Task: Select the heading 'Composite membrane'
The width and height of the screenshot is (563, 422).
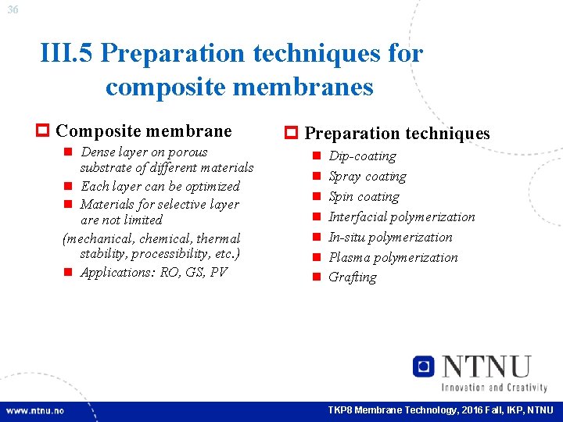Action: pyautogui.click(x=144, y=131)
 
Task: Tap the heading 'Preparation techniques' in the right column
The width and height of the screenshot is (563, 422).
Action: pyautogui.click(x=396, y=134)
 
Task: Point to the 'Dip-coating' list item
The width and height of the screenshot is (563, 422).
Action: pyautogui.click(x=362, y=156)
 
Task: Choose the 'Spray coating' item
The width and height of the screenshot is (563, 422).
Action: pyautogui.click(x=367, y=177)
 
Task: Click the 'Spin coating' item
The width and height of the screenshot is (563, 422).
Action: pyautogui.click(x=364, y=197)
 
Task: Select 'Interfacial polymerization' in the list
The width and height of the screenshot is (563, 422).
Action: pyautogui.click(x=401, y=217)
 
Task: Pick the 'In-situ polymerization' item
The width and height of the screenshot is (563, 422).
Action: pyautogui.click(x=390, y=238)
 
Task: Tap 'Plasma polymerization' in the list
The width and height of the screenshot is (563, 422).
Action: pyautogui.click(x=393, y=258)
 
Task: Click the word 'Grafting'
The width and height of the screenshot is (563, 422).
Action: pyautogui.click(x=352, y=277)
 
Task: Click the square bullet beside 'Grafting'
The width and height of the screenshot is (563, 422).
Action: pyautogui.click(x=317, y=277)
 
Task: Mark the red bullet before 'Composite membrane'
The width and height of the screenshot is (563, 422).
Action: pyautogui.click(x=44, y=131)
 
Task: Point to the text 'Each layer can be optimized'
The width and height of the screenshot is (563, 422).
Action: pyautogui.click(x=160, y=186)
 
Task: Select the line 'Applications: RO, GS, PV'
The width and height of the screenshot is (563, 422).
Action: pyautogui.click(x=153, y=273)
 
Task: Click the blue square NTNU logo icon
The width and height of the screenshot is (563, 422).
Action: pyautogui.click(x=424, y=367)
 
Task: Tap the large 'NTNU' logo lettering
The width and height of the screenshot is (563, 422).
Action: pyautogui.click(x=486, y=367)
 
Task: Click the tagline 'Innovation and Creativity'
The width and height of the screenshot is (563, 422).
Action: pyautogui.click(x=493, y=388)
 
